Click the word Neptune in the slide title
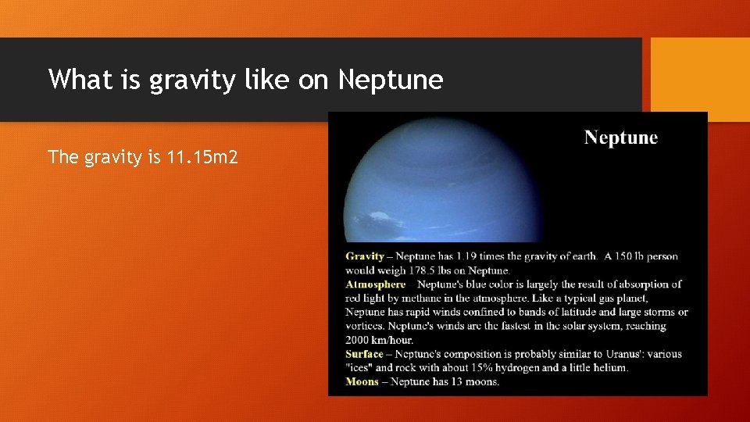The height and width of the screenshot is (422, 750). pyautogui.click(x=390, y=80)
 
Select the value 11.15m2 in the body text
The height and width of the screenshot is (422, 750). pyautogui.click(x=202, y=157)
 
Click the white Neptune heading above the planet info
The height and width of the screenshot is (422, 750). pyautogui.click(x=621, y=138)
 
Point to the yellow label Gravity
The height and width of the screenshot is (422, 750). pyautogui.click(x=365, y=256)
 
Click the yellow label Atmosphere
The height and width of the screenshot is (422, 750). pyautogui.click(x=376, y=284)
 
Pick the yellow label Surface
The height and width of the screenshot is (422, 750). pyautogui.click(x=364, y=354)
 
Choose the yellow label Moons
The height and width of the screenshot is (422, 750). pyautogui.click(x=362, y=382)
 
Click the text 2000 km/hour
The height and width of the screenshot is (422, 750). pyautogui.click(x=380, y=340)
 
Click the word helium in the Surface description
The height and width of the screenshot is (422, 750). pyautogui.click(x=609, y=368)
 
